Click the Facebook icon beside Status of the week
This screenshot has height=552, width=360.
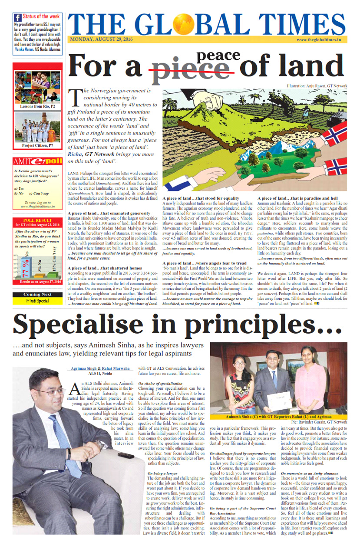tap(18, 18)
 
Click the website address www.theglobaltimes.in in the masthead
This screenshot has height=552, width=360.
tap(318, 39)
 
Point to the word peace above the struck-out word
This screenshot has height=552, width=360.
tap(218, 55)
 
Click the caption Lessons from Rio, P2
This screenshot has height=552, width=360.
tap(38, 106)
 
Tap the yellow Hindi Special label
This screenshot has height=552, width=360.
tap(37, 301)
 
